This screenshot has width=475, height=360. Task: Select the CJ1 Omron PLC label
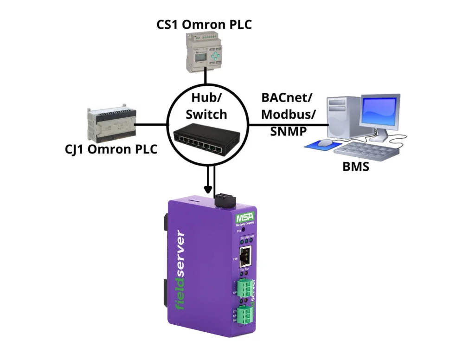tap(111, 149)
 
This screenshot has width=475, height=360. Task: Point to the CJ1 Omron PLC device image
tap(109, 125)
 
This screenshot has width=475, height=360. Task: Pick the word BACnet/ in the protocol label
tap(287, 98)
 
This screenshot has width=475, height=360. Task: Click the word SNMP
tap(288, 131)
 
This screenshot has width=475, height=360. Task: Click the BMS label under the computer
tap(356, 167)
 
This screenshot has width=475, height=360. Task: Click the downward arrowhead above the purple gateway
tap(208, 190)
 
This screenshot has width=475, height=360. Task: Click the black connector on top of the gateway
tap(225, 201)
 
